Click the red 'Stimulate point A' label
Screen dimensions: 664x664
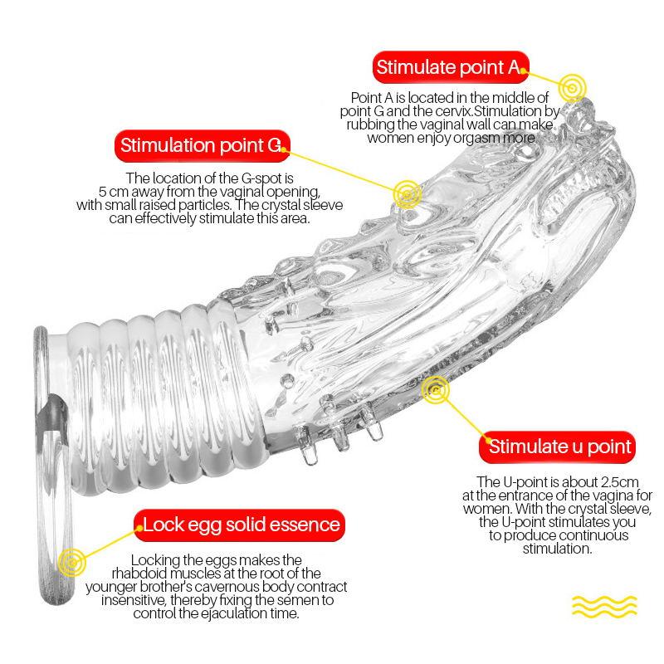tap(451, 68)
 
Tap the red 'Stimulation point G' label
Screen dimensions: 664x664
tap(201, 147)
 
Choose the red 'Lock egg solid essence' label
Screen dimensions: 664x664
tap(242, 525)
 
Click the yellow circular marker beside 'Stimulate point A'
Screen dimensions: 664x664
tap(572, 85)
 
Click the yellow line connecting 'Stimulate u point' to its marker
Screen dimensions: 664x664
tap(462, 415)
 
